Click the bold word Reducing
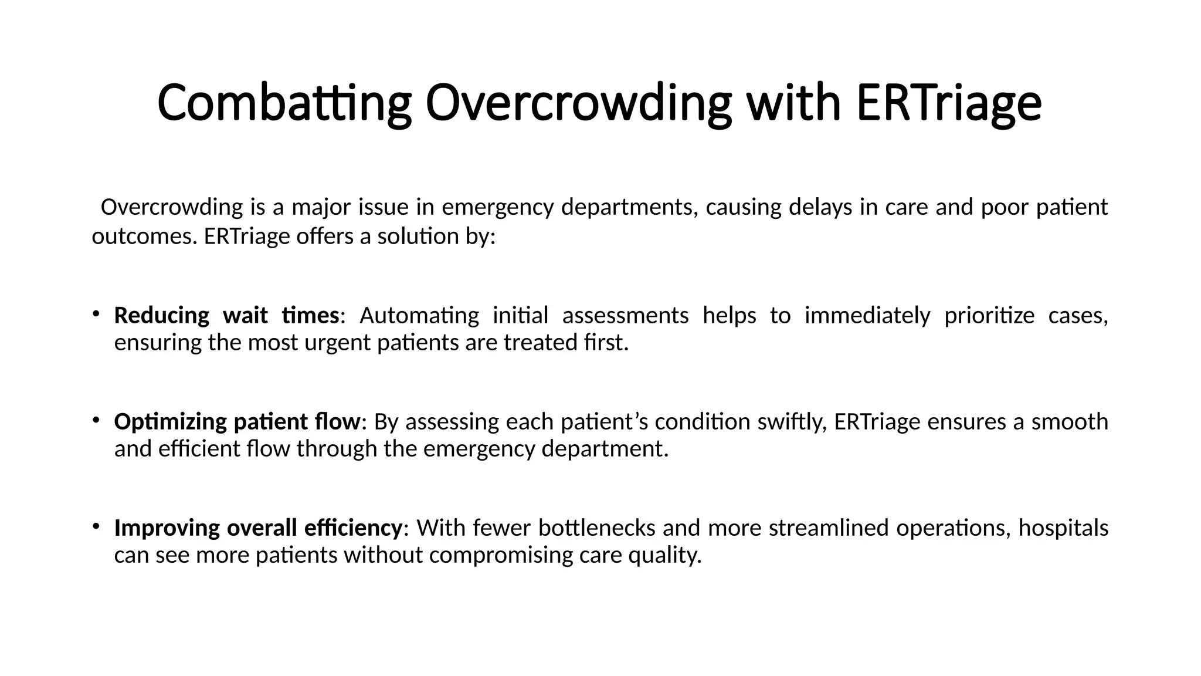pos(161,316)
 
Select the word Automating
pos(419,316)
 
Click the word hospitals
pos(1063,528)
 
